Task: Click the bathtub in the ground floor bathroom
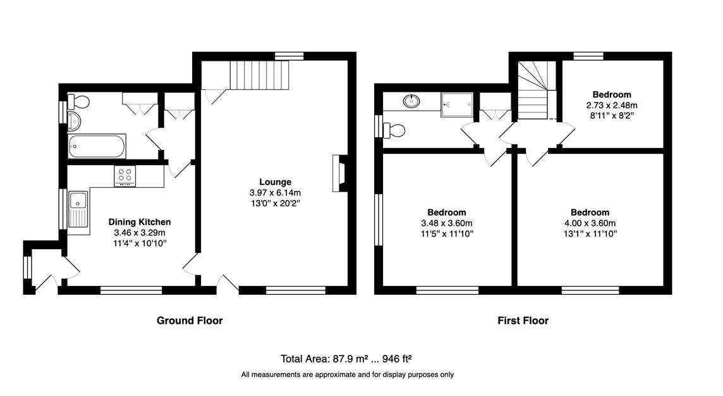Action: (x=97, y=146)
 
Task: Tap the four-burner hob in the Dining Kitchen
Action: (x=125, y=176)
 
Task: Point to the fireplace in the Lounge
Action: (x=339, y=173)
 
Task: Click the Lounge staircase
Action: (x=259, y=75)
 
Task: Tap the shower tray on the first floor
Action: (x=456, y=105)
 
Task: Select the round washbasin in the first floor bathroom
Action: (x=411, y=101)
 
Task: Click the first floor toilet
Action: (x=393, y=130)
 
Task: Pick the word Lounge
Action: (x=276, y=182)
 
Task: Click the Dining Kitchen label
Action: (x=140, y=222)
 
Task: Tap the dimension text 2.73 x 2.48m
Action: (x=612, y=105)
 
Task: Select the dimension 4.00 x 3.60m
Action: (x=590, y=223)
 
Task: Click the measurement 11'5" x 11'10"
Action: (x=447, y=233)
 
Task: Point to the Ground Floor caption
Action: (x=190, y=320)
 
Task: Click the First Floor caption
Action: (x=523, y=320)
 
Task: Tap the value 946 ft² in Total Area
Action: (x=397, y=359)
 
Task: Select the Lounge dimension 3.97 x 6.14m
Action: (x=276, y=192)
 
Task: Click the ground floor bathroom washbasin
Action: (x=74, y=121)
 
